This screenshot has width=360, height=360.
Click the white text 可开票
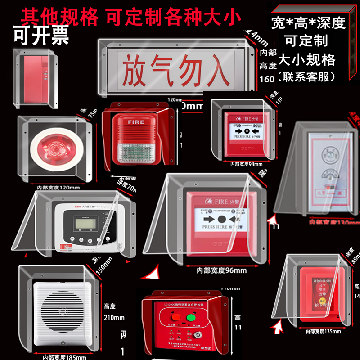(x=40, y=36)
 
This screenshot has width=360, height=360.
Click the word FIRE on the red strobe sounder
(x=136, y=122)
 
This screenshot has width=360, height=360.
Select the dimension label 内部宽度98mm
(x=246, y=165)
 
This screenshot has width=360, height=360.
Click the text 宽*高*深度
(x=309, y=23)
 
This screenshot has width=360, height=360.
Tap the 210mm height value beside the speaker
(x=114, y=318)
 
